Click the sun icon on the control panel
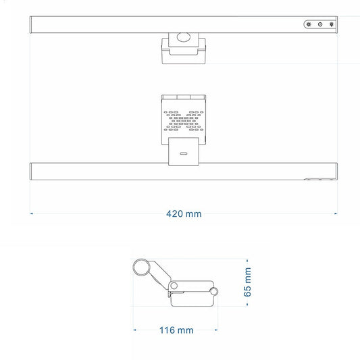(x=309, y=24)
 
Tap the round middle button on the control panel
(x=320, y=24)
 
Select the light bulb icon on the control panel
(x=332, y=24)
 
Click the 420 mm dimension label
(x=184, y=213)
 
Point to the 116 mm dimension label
(x=176, y=330)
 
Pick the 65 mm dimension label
(x=247, y=282)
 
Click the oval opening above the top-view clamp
(x=184, y=37)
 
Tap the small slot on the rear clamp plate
(x=184, y=153)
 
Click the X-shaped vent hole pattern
(x=184, y=121)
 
